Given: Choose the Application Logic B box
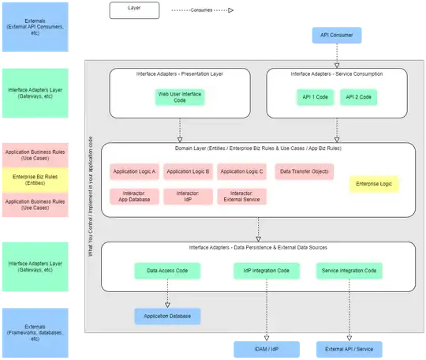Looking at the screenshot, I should (x=189, y=171).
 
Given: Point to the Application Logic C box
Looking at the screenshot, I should (x=241, y=171).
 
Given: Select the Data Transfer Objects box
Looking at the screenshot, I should (x=304, y=171).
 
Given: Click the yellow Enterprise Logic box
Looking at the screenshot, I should (x=375, y=183).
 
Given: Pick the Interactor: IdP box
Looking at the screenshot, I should (x=189, y=196).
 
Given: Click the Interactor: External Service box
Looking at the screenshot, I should (x=241, y=196).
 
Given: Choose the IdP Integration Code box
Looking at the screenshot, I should (x=267, y=272).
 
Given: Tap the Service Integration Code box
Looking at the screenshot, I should (x=349, y=272).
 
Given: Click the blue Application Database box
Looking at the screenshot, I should (x=167, y=317).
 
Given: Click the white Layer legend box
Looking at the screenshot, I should (x=133, y=10).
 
